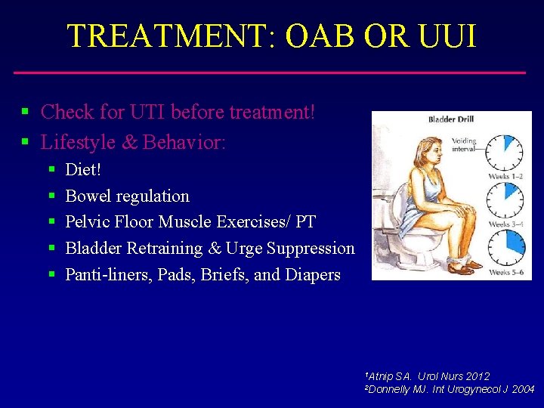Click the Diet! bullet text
pyautogui.click(x=83, y=169)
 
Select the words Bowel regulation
pyautogui.click(x=127, y=196)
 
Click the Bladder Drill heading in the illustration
pyautogui.click(x=450, y=119)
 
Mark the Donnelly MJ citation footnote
pyautogui.click(x=450, y=389)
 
